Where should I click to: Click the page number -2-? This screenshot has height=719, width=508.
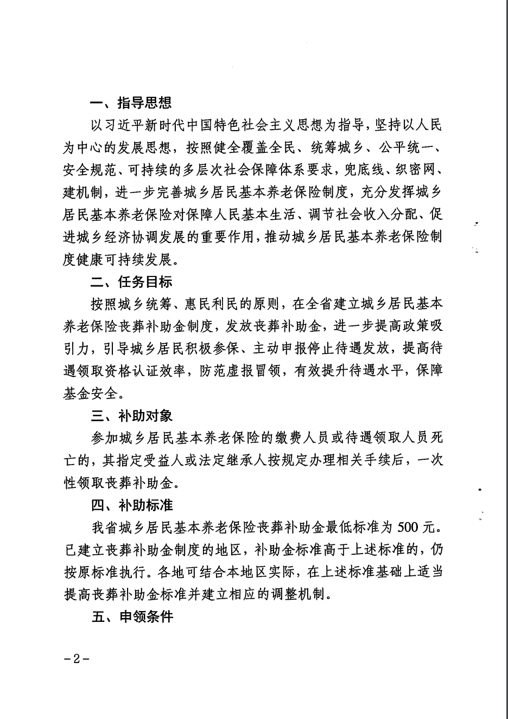[76, 659]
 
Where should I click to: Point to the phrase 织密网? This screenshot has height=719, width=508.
[414, 170]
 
